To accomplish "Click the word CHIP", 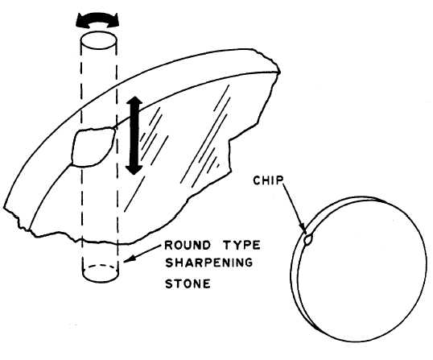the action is pos(269,180).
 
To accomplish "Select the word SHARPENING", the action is pos(208,263).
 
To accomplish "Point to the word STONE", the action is pos(188,283).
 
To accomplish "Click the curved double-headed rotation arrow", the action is pos(97,20).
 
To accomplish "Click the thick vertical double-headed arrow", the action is pos(134,136).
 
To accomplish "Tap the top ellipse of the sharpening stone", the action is pos(98,39).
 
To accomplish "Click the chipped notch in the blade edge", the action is pos(93,147).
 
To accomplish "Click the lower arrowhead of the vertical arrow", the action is pos(134,169).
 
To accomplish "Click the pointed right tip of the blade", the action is pos(279,72).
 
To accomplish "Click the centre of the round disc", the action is pos(359,269).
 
